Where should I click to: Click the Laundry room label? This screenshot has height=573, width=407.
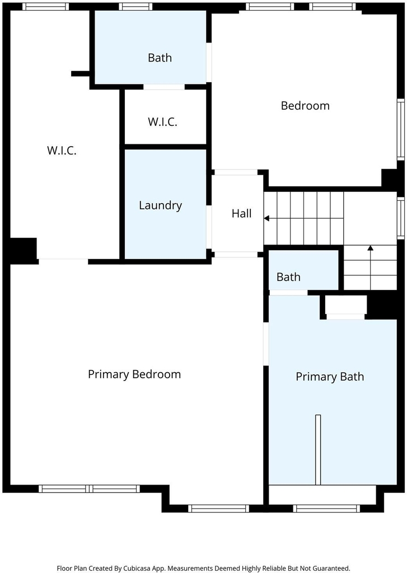point(160,205)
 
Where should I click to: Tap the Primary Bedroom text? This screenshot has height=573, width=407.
point(134,374)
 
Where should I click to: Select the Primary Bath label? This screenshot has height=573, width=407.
point(330,377)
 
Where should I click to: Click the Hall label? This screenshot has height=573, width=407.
point(241,213)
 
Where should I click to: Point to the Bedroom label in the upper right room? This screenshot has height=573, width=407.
point(305,106)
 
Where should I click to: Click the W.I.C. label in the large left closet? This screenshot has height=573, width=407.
point(62,150)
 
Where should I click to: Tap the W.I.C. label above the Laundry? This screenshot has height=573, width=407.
point(162,121)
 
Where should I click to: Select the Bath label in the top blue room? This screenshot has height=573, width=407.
point(160,58)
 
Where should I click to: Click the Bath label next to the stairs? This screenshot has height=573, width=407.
point(288,277)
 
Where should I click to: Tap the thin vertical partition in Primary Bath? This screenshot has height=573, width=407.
point(318,450)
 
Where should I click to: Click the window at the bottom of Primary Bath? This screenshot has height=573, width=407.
point(326,508)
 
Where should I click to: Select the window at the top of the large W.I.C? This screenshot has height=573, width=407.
point(46,7)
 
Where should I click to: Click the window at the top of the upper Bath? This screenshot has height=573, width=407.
point(135,7)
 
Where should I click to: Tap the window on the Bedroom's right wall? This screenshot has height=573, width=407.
point(401,129)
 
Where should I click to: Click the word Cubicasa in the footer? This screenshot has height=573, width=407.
point(136,569)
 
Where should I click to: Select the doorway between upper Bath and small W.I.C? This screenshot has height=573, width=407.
point(164,87)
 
